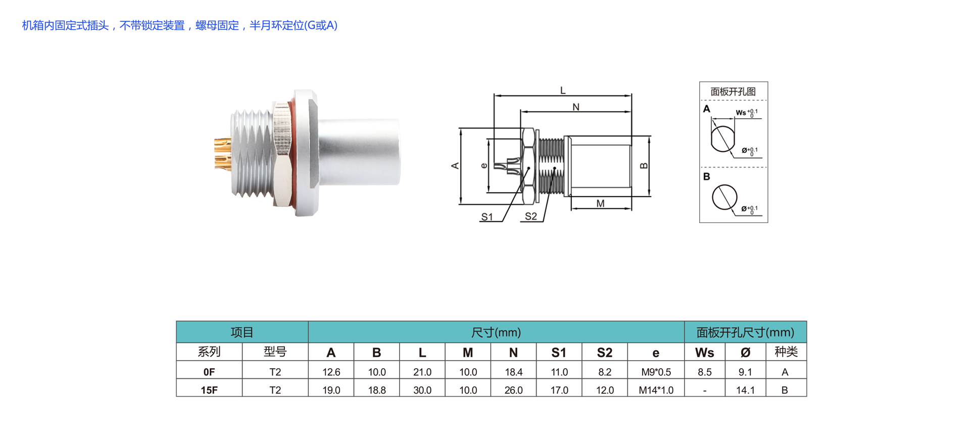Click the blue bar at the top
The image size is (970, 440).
(x=179, y=25)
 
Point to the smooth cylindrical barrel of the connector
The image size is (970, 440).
(x=359, y=152)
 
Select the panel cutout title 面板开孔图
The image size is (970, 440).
(x=733, y=92)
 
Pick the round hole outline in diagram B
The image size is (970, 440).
(x=724, y=197)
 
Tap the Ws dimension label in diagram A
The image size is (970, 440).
(x=741, y=113)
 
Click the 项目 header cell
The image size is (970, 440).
(x=242, y=332)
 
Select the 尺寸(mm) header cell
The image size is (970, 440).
(x=496, y=332)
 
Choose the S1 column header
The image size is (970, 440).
(x=559, y=353)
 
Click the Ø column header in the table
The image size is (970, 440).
(x=745, y=353)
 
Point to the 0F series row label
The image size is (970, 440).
(x=209, y=372)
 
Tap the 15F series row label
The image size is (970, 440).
(x=209, y=390)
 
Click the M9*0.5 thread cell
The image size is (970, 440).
(x=656, y=372)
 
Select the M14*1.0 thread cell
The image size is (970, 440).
(x=656, y=390)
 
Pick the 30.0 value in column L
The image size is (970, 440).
(x=422, y=390)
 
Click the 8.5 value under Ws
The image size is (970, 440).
(x=705, y=372)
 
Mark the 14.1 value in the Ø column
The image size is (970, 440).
(x=745, y=390)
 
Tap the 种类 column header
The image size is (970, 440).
(x=786, y=352)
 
